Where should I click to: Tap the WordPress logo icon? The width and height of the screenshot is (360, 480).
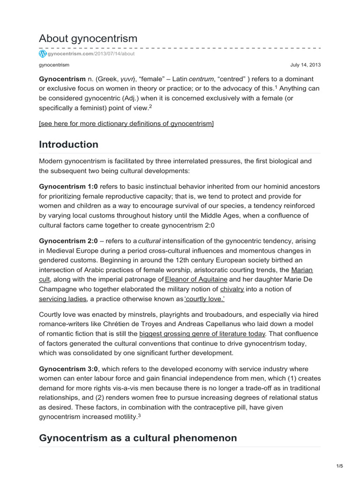43,54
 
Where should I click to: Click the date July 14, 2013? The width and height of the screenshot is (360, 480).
306,65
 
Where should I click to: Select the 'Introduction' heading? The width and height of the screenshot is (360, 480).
68,144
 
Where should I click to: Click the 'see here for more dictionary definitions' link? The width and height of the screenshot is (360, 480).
126,123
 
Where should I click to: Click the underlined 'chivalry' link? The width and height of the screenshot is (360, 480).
232,289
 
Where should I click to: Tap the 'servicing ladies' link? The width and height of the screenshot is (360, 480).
63,299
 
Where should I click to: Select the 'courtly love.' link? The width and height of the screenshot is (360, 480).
169,299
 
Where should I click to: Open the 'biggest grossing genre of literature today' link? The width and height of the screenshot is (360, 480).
202,334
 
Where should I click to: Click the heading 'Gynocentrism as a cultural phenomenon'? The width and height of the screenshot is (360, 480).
138,438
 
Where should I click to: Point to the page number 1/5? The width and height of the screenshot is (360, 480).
339,466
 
